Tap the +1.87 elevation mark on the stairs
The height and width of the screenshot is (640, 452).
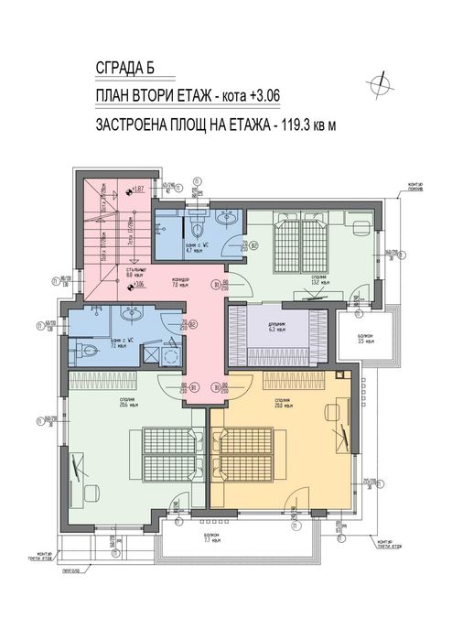coord(138,190)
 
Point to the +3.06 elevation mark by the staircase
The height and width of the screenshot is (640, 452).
coord(138,285)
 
